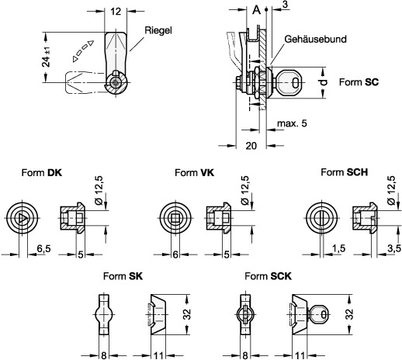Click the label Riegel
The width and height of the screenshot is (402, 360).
pyautogui.click(x=158, y=31)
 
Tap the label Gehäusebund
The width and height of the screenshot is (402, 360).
pyautogui.click(x=315, y=39)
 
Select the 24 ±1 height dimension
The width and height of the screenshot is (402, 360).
pyautogui.click(x=47, y=57)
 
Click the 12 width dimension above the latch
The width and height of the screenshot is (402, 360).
pyautogui.click(x=116, y=12)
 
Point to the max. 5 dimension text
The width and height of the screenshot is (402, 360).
pyautogui.click(x=292, y=123)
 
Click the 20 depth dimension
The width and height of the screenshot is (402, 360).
pyautogui.click(x=251, y=146)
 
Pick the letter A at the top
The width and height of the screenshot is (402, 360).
pyautogui.click(x=256, y=10)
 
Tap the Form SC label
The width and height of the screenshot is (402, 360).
pyautogui.click(x=359, y=82)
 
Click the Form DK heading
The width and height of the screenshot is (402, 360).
pyautogui.click(x=42, y=173)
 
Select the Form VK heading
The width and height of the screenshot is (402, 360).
pyautogui.click(x=195, y=173)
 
